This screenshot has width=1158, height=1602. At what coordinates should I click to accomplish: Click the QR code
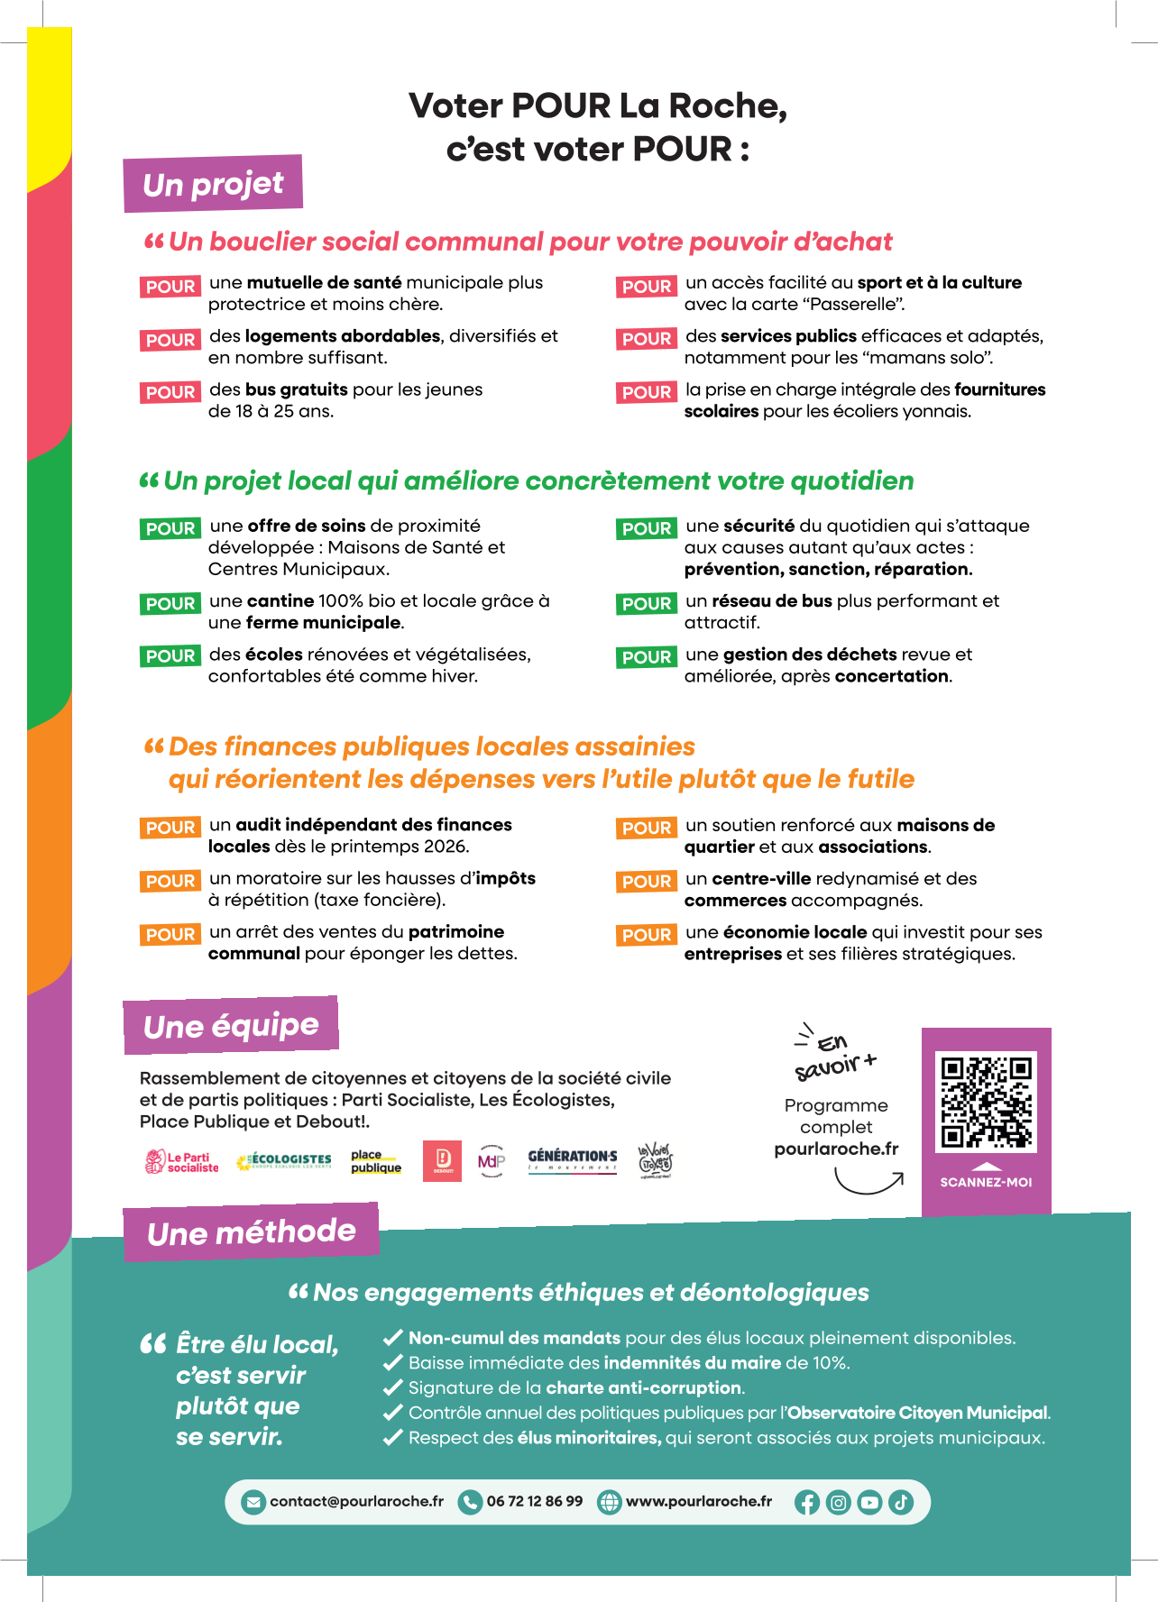(987, 1102)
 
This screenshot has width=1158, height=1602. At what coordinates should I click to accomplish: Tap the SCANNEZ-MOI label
(986, 1182)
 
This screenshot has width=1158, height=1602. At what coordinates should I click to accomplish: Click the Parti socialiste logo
(182, 1162)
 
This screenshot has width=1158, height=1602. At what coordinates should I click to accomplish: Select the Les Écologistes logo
(284, 1161)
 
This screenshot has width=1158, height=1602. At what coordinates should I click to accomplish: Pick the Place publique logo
(376, 1161)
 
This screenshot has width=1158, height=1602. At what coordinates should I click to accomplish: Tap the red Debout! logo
(443, 1160)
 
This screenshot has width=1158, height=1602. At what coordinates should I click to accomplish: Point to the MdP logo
(492, 1161)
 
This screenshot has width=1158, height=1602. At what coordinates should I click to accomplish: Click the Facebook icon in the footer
(807, 1502)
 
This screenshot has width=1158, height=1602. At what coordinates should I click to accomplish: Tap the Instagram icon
(839, 1502)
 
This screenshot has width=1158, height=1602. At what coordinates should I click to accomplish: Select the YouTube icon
(869, 1502)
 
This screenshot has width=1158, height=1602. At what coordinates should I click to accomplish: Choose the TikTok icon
(901, 1502)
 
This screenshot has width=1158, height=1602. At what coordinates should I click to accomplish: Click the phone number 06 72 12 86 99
(534, 1501)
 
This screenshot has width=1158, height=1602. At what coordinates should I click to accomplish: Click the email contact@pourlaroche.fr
(356, 1501)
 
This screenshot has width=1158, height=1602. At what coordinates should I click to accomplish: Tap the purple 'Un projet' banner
(213, 184)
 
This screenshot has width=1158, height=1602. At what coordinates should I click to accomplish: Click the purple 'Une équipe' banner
(231, 1026)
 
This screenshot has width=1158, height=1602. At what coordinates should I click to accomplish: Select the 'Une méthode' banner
(251, 1231)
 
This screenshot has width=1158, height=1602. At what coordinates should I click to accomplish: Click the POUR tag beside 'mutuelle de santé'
(170, 287)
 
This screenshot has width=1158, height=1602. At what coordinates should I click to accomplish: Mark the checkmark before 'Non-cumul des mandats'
(393, 1338)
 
